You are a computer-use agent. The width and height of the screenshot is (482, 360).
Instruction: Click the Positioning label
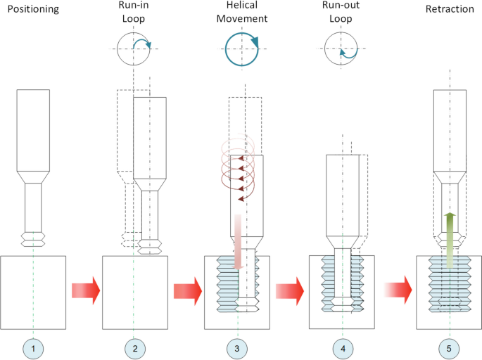tap(34, 9)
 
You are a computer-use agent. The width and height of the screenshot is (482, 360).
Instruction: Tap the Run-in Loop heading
tap(134, 15)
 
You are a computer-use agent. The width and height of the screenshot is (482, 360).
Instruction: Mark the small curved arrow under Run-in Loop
tap(143, 46)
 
